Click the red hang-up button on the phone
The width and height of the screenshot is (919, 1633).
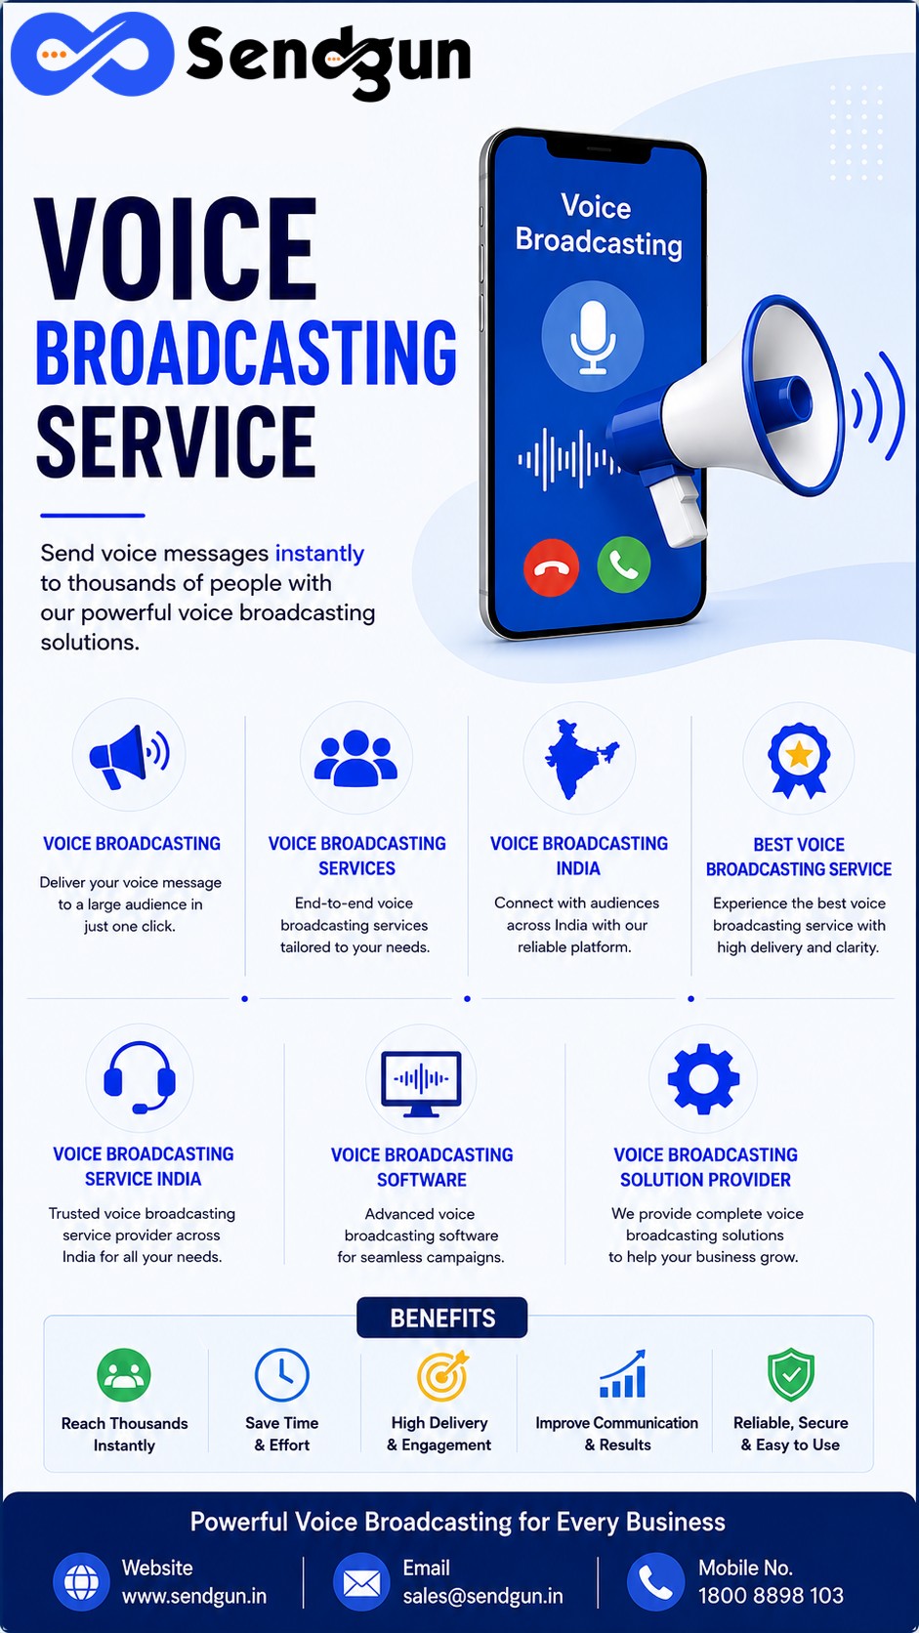coord(551,567)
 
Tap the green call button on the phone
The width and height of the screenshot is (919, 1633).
coord(624,565)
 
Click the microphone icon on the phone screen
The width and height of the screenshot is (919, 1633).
coord(593,337)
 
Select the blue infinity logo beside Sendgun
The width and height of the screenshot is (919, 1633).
coord(92,54)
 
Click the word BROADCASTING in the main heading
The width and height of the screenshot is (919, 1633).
coord(246,353)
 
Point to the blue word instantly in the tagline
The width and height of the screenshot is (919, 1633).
coord(319,554)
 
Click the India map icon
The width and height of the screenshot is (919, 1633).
coord(580,759)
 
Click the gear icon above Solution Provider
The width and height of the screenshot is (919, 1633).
coord(703,1079)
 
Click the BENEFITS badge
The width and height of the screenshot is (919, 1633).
coord(442,1318)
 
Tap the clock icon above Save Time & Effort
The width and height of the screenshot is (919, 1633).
coord(282,1375)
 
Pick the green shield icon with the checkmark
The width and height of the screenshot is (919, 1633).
coord(791,1375)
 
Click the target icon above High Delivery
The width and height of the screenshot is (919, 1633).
coord(442,1376)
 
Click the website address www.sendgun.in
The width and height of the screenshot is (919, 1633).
coord(193,1596)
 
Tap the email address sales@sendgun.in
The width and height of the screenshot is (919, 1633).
coord(483,1596)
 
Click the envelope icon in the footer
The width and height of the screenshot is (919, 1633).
coord(361,1582)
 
